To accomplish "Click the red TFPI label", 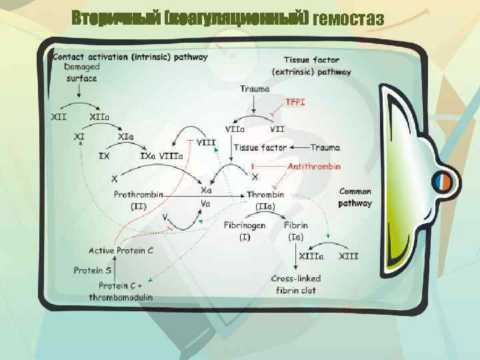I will coord(295,102).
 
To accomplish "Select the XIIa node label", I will coord(99,117).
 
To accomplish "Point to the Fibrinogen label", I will coord(244,225).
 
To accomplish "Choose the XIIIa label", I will coord(311,255).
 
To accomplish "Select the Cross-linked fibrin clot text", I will coord(295,284).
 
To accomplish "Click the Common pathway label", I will coord(355,197).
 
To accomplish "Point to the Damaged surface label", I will coord(82,73).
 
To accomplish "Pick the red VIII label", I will coord(207,142).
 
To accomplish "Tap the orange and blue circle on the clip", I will coord(441,181).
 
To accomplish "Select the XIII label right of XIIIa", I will coord(349,255).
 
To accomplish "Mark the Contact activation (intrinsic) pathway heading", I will coord(129,57).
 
